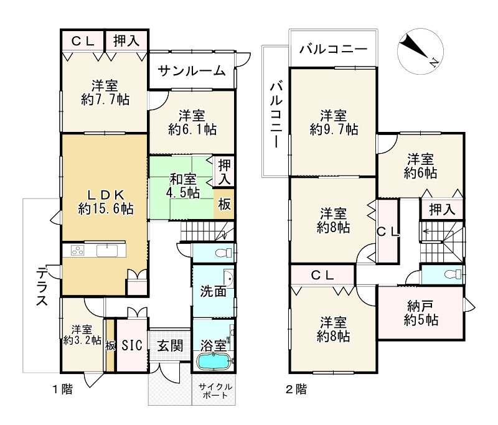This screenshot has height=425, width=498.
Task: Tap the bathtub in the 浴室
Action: click(x=214, y=362)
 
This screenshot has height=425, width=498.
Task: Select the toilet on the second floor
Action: click(x=449, y=273)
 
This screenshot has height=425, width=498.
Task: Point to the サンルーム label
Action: click(x=191, y=71)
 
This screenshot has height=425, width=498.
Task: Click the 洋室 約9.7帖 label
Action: click(x=334, y=122)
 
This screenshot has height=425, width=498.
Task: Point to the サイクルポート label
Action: click(x=214, y=391)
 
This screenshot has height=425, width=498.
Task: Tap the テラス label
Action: click(x=42, y=287)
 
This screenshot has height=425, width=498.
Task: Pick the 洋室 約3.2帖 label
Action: click(x=82, y=335)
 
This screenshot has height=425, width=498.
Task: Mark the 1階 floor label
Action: click(x=62, y=390)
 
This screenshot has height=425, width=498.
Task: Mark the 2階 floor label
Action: click(x=296, y=390)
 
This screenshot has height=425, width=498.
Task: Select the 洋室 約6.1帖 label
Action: click(x=192, y=122)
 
